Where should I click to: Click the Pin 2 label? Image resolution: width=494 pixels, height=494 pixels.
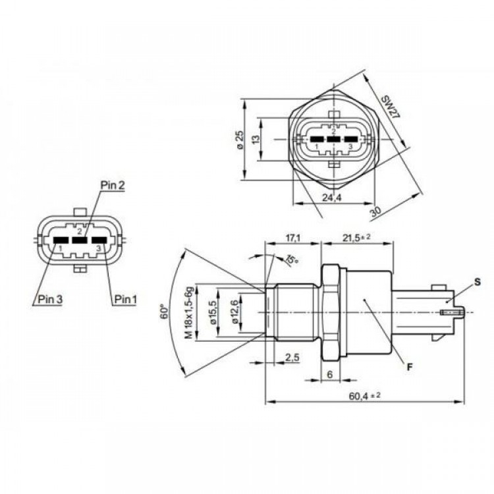(113, 185)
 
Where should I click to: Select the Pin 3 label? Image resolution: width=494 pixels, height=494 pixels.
(51, 299)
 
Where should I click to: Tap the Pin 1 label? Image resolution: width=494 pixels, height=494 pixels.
(126, 299)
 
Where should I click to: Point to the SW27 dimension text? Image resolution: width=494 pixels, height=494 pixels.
(391, 107)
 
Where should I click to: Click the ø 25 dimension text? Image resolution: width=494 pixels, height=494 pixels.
(240, 140)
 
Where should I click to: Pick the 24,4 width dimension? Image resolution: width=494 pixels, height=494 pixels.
(332, 197)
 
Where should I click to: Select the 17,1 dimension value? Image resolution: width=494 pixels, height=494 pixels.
(293, 238)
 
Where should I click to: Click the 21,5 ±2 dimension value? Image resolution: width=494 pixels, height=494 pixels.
(356, 238)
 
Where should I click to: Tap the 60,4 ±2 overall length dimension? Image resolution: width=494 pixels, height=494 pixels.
(364, 396)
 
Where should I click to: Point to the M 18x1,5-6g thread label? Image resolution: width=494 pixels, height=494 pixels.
(188, 312)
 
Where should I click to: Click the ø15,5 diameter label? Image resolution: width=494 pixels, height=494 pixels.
(212, 312)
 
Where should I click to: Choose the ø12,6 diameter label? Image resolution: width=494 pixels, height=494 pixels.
(234, 312)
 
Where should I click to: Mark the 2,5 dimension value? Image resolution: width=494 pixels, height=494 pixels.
(292, 358)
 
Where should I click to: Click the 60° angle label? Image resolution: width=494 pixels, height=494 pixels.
(165, 312)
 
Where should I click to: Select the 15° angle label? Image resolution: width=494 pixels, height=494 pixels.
(292, 260)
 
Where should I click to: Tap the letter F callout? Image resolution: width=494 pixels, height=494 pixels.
(410, 367)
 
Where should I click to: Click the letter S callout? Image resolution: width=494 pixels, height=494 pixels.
(478, 283)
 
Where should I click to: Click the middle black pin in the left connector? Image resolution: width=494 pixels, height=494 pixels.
(80, 240)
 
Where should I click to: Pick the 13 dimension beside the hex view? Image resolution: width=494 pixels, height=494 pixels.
(256, 139)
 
